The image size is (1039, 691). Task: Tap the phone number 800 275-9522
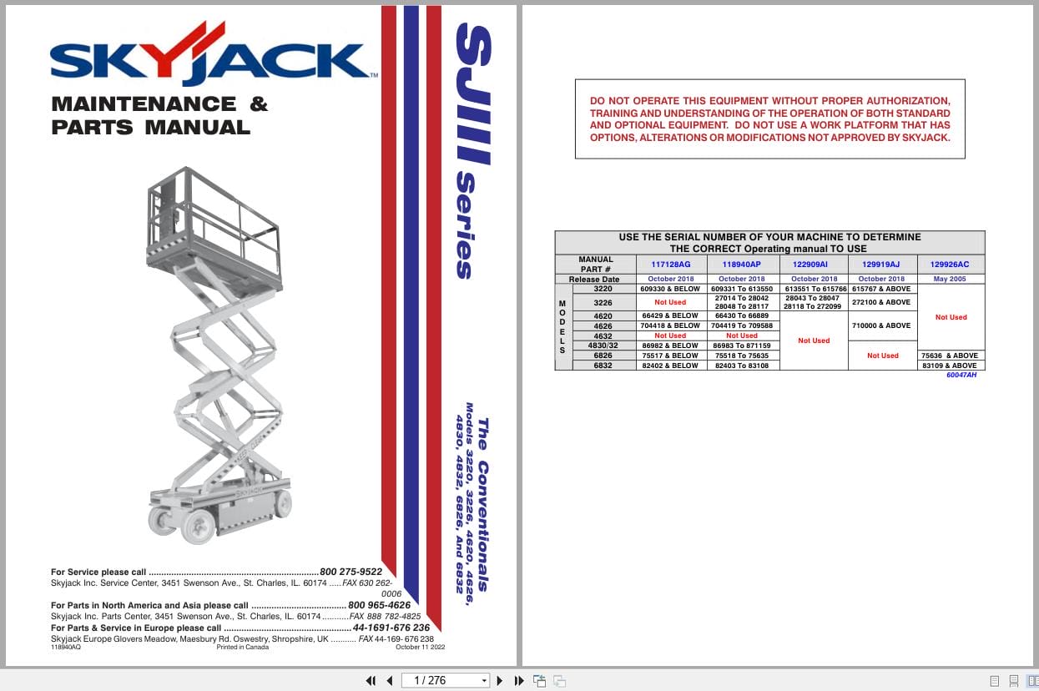tap(351, 572)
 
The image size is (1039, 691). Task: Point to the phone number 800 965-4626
tap(379, 605)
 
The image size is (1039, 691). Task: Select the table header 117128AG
tap(670, 264)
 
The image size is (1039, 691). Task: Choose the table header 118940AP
tap(741, 264)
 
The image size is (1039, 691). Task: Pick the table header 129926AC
tap(951, 264)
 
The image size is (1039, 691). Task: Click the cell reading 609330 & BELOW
tap(670, 289)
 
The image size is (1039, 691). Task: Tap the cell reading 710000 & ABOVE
tap(882, 325)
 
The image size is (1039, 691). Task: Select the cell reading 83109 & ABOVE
tap(951, 366)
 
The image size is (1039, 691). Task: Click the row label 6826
tap(603, 356)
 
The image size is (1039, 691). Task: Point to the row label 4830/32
tap(603, 345)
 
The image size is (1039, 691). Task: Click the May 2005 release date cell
tap(951, 279)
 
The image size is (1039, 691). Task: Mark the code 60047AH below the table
tap(961, 376)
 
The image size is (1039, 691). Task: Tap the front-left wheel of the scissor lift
tap(198, 527)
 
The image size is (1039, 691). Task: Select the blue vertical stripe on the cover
tap(411, 292)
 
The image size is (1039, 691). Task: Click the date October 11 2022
tap(421, 647)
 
